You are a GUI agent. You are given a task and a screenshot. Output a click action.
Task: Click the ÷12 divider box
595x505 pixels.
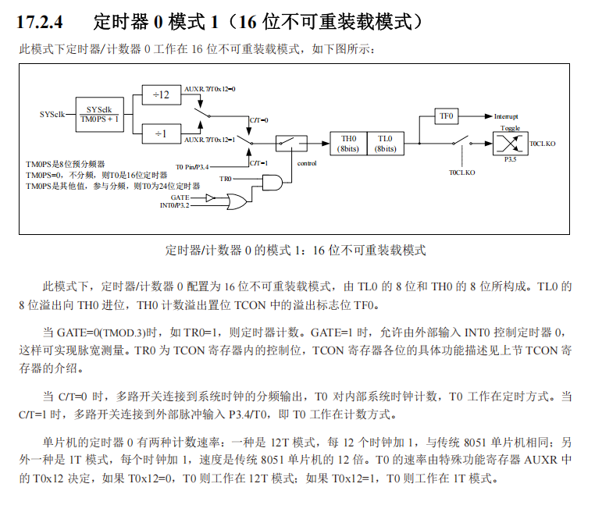[x=161, y=94]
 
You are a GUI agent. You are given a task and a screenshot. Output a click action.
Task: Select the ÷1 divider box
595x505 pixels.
[x=161, y=134]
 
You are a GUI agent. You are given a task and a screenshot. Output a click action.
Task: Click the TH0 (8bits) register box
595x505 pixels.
[x=348, y=143]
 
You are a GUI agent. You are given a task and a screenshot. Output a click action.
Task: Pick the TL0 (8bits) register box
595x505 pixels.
[x=385, y=143]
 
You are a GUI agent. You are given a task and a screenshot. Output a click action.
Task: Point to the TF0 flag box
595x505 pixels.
[x=446, y=116]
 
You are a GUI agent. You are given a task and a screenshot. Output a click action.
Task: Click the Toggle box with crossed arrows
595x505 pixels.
[x=510, y=144]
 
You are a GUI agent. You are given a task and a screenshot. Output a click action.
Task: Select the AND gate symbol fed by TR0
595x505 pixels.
[x=273, y=183]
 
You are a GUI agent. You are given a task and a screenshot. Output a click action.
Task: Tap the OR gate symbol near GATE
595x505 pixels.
[x=238, y=201]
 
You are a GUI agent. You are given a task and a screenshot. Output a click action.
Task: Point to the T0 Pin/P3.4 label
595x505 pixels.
[x=193, y=166]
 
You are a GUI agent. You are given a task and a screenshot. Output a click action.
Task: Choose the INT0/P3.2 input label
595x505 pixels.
[x=175, y=205]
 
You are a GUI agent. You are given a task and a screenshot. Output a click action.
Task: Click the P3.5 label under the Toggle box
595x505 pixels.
[x=510, y=160]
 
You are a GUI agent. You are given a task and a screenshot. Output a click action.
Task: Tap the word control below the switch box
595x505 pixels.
[x=307, y=164]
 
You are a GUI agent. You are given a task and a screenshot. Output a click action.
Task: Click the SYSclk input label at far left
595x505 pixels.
[x=52, y=114]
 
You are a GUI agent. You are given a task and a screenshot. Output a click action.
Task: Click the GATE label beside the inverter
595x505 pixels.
[x=180, y=197]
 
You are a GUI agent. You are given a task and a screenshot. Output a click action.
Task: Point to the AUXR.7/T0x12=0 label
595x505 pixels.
[x=209, y=89]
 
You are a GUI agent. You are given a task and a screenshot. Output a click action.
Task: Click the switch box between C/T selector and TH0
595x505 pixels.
[x=291, y=143]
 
